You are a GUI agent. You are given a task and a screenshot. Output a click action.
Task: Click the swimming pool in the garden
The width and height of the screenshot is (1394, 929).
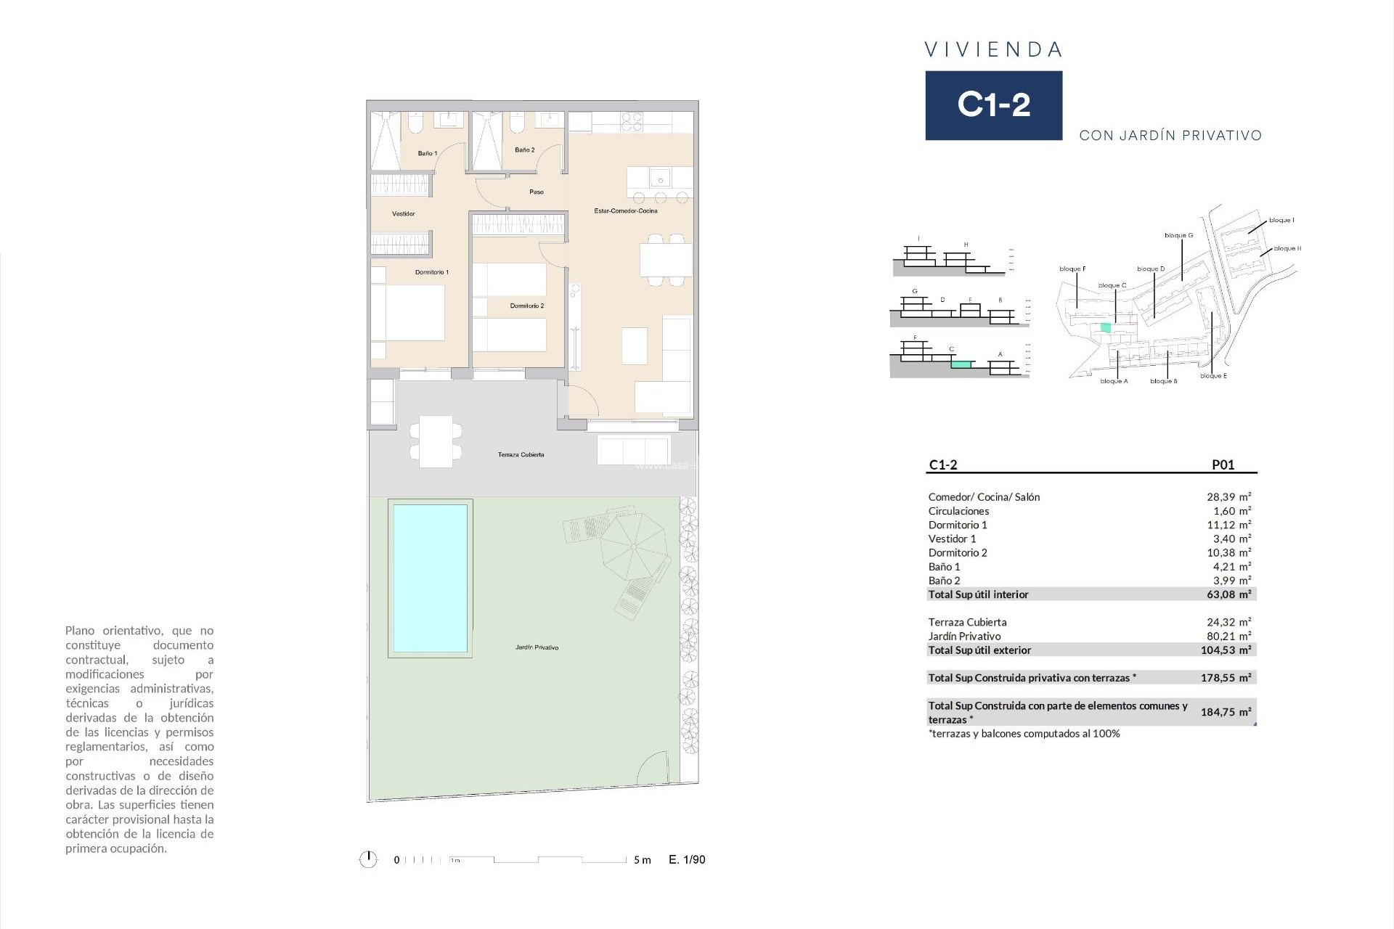coord(430,578)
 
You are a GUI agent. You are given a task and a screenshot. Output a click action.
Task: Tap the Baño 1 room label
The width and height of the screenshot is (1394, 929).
coord(427,153)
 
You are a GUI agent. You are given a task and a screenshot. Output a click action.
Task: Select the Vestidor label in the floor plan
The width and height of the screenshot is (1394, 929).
coord(404,214)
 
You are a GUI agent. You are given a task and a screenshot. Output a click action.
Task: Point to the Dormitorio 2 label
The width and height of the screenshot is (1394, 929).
coord(526,306)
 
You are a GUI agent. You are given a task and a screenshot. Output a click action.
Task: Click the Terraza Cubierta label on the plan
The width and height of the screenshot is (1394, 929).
coord(521,455)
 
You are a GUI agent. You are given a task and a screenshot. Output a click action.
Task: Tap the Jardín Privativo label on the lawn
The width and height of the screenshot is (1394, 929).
coord(537,647)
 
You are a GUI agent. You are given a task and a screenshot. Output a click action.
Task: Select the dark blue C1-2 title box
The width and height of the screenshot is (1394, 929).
coord(993,105)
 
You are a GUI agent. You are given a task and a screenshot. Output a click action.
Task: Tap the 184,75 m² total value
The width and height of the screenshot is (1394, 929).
coord(1226,712)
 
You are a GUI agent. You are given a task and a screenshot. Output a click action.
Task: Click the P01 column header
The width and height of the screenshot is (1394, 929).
coord(1223,465)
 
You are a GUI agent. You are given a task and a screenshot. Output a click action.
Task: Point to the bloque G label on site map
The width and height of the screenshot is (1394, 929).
coord(1178,235)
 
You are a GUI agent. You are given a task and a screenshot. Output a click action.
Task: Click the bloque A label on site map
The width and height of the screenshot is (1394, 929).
coord(1114,381)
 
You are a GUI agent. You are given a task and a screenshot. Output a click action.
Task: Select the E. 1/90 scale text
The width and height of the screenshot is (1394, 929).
coord(687,859)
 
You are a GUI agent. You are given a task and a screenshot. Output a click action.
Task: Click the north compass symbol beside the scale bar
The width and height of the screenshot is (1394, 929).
coord(368,859)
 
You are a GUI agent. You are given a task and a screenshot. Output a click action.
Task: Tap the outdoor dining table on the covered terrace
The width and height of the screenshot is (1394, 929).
coord(436,441)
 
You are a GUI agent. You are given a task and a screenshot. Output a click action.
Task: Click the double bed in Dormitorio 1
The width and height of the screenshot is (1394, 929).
coord(407,313)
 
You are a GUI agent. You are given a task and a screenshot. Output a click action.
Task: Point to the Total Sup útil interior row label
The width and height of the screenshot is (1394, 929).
coord(978,594)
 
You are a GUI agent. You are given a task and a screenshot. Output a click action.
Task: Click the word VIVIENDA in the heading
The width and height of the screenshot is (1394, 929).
coord(993,49)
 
